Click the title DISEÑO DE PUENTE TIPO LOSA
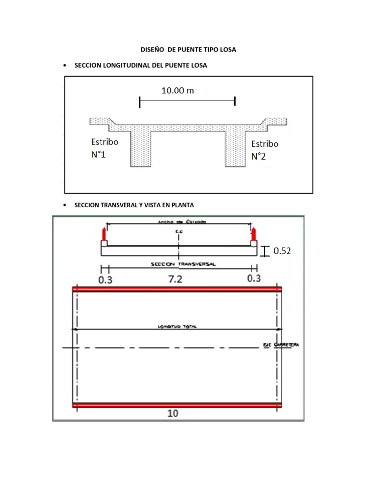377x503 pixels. click(x=188, y=50)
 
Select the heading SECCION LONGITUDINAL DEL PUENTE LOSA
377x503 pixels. click(x=140, y=65)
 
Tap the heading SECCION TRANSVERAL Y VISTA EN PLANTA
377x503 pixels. click(x=137, y=205)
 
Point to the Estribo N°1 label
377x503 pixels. click(x=105, y=148)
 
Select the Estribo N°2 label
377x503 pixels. click(x=265, y=150)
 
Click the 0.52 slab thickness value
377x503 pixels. click(x=282, y=251)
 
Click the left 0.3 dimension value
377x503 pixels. click(x=105, y=279)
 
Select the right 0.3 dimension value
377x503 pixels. click(x=254, y=279)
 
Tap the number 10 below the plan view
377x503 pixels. click(x=173, y=413)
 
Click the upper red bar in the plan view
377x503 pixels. click(x=177, y=289)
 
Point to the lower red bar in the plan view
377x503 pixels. click(x=177, y=405)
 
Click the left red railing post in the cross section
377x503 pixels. click(x=104, y=234)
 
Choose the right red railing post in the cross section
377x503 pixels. click(x=253, y=234)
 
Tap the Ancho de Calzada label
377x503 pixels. click(x=175, y=222)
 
